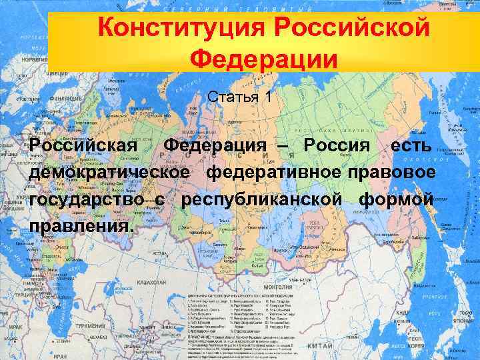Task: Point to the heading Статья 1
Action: click(x=239, y=97)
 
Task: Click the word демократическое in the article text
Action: click(x=113, y=173)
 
